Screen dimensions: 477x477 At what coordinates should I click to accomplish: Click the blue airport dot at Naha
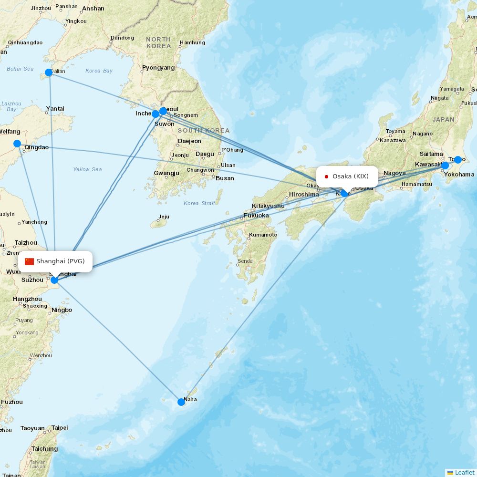click(181, 402)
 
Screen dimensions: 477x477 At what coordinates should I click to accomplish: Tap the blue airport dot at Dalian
click(49, 73)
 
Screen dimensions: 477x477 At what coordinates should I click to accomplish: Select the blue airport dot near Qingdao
click(17, 144)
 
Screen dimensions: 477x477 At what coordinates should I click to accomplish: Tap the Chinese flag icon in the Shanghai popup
click(30, 261)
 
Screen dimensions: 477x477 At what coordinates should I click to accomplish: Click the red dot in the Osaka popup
click(326, 176)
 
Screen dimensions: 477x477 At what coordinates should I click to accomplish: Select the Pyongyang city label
click(158, 68)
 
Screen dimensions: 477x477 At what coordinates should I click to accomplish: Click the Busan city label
click(225, 178)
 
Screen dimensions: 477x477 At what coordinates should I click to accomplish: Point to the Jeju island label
click(164, 217)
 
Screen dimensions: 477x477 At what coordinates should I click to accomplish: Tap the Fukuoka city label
click(256, 216)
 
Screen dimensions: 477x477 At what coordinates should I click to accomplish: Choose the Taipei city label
click(60, 428)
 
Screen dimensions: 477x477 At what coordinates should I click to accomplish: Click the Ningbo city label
click(62, 310)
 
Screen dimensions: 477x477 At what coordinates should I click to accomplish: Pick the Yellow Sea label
click(87, 169)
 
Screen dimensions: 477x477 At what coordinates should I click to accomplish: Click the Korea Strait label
click(199, 204)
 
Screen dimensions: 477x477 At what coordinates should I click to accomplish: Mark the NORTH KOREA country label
click(158, 43)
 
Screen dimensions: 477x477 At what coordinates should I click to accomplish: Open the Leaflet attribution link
click(465, 472)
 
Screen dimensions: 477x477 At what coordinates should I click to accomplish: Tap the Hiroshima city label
click(304, 195)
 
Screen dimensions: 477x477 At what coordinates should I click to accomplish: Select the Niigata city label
click(440, 98)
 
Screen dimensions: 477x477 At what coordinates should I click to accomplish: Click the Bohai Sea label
click(20, 69)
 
